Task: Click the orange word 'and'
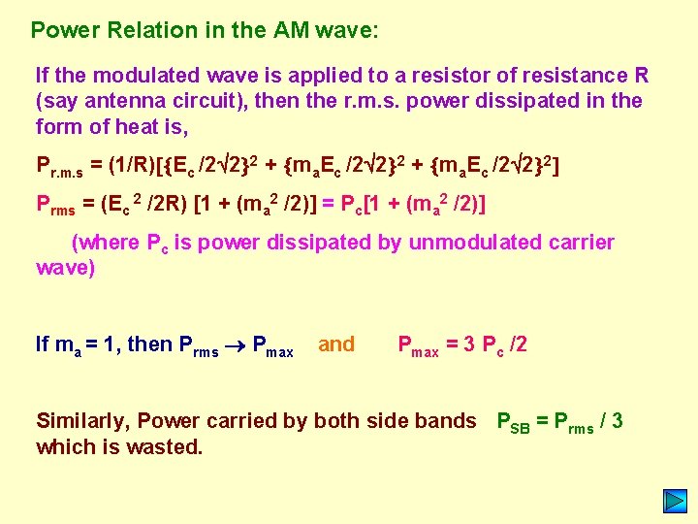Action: click(x=336, y=344)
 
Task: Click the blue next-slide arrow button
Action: click(x=675, y=502)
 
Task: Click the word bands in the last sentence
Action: click(x=452, y=421)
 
